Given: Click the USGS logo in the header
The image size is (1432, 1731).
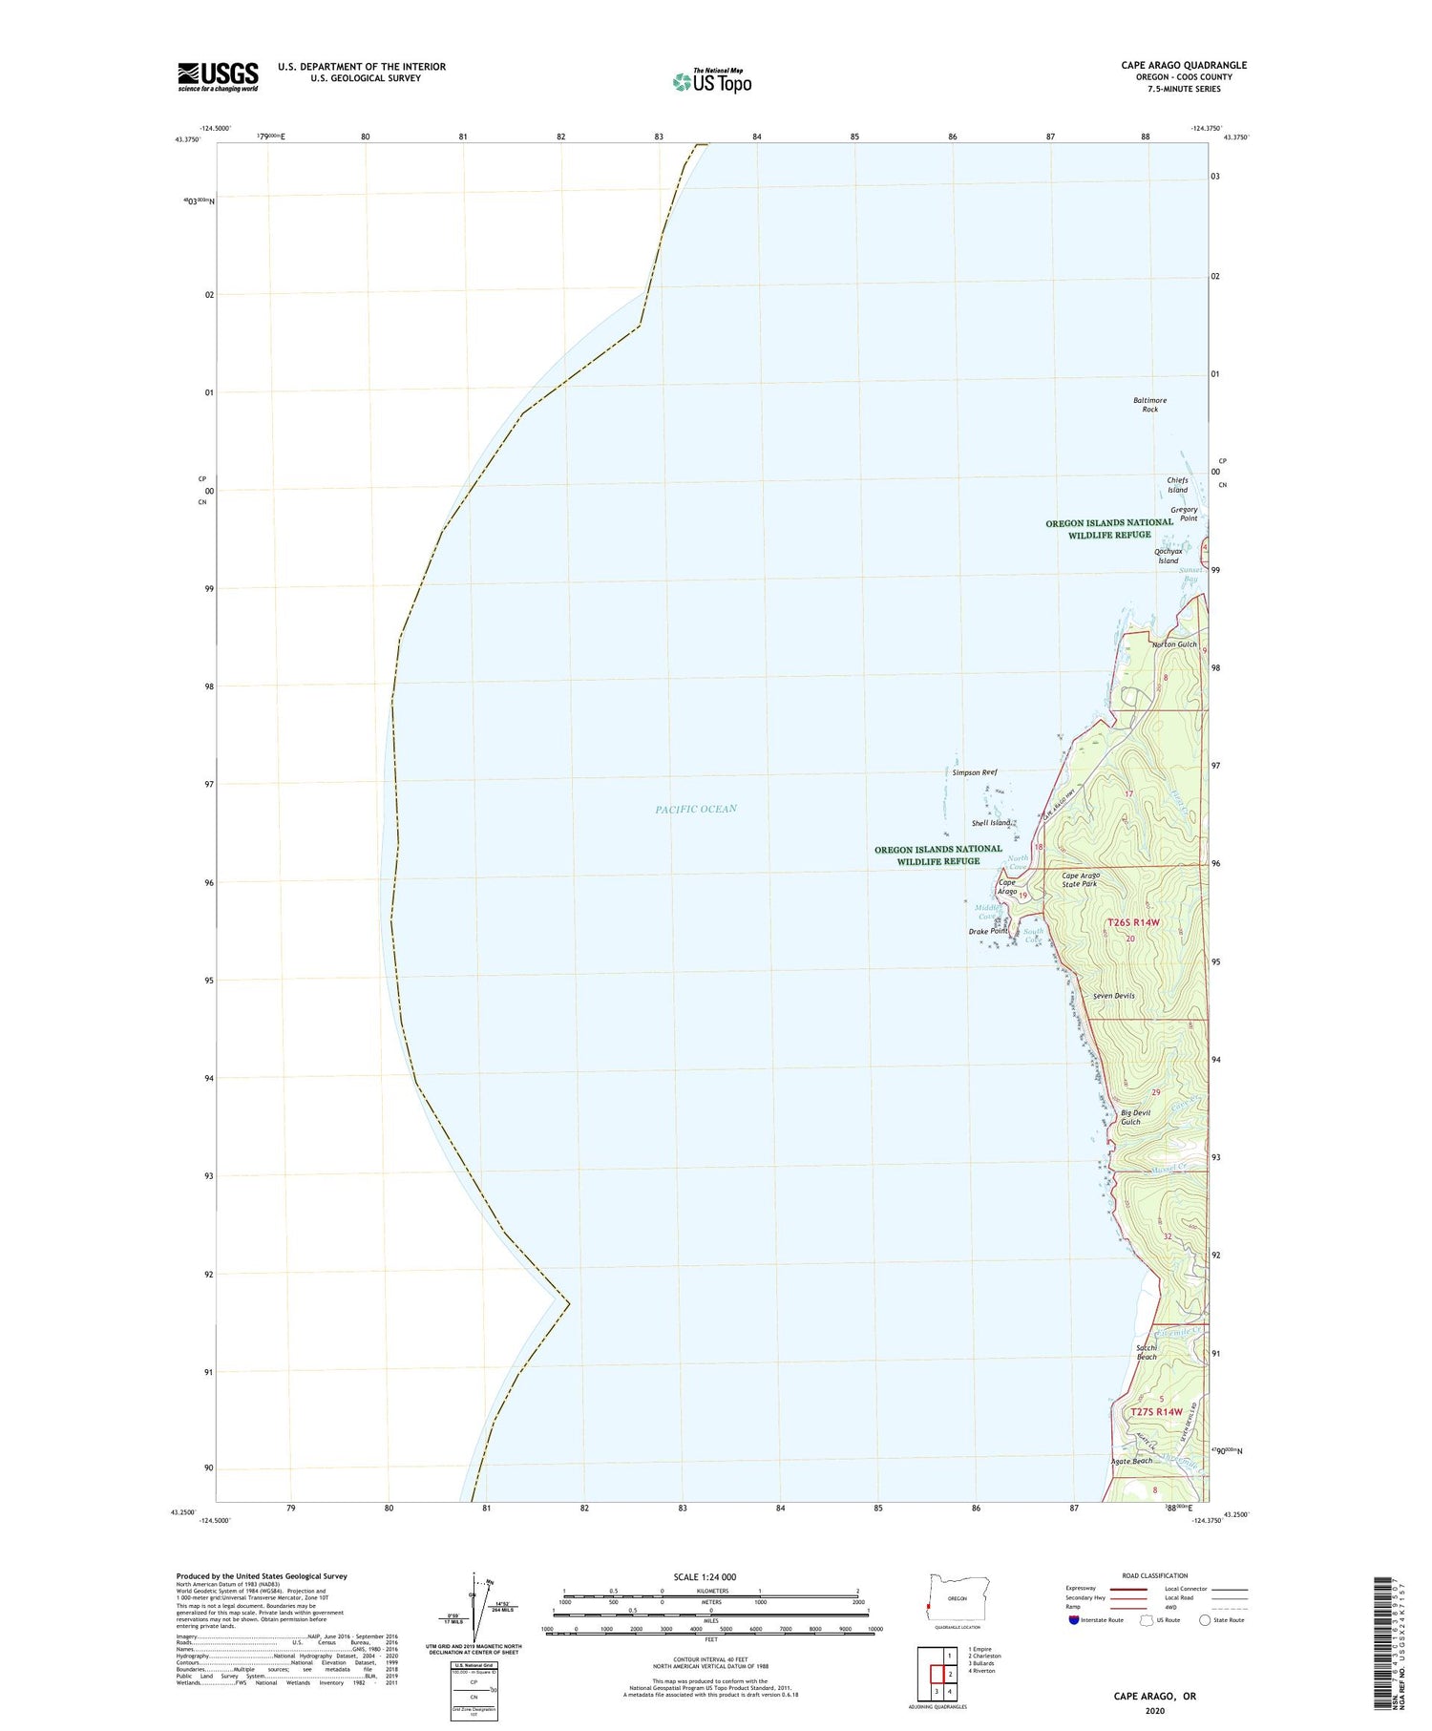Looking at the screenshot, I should point(218,76).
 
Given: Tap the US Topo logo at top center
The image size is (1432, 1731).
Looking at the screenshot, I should point(712,81).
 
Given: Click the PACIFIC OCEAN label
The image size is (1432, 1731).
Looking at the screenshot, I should point(696,809).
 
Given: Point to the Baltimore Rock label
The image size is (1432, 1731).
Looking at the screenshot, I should point(1149,405).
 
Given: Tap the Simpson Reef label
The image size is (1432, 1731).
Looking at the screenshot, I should point(974,772).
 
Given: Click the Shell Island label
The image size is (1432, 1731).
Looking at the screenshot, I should point(991,823).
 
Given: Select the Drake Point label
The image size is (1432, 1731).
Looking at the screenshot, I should point(988,931).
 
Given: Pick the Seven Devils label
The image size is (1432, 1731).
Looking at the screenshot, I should point(1114,996).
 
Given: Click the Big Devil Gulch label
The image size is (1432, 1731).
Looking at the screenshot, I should point(1135,1117).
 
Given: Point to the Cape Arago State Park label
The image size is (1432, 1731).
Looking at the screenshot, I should point(1081,879).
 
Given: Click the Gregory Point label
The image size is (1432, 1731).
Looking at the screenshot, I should point(1184,514).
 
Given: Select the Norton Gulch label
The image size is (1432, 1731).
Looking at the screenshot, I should point(1174,644).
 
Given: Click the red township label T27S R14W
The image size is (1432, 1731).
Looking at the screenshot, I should point(1156,1411).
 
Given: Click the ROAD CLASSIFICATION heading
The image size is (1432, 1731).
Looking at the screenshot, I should point(1155,1575).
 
